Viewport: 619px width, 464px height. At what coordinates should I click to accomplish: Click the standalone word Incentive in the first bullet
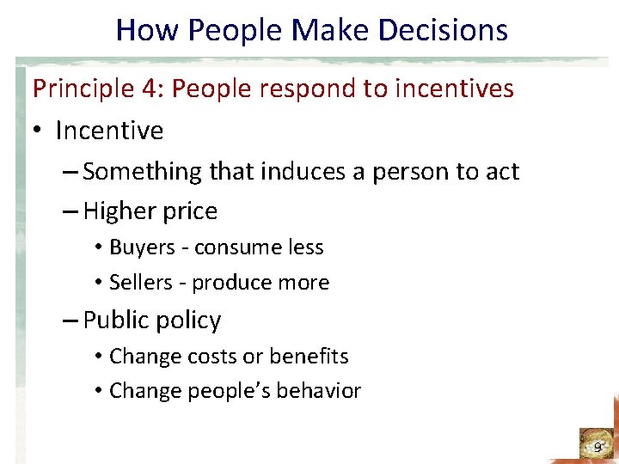(109, 131)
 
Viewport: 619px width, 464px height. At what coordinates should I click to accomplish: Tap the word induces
(295, 172)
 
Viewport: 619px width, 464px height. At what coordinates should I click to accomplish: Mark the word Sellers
(140, 283)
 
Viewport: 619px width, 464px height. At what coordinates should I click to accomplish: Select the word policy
(191, 321)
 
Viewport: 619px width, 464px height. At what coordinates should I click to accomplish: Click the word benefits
(309, 356)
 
